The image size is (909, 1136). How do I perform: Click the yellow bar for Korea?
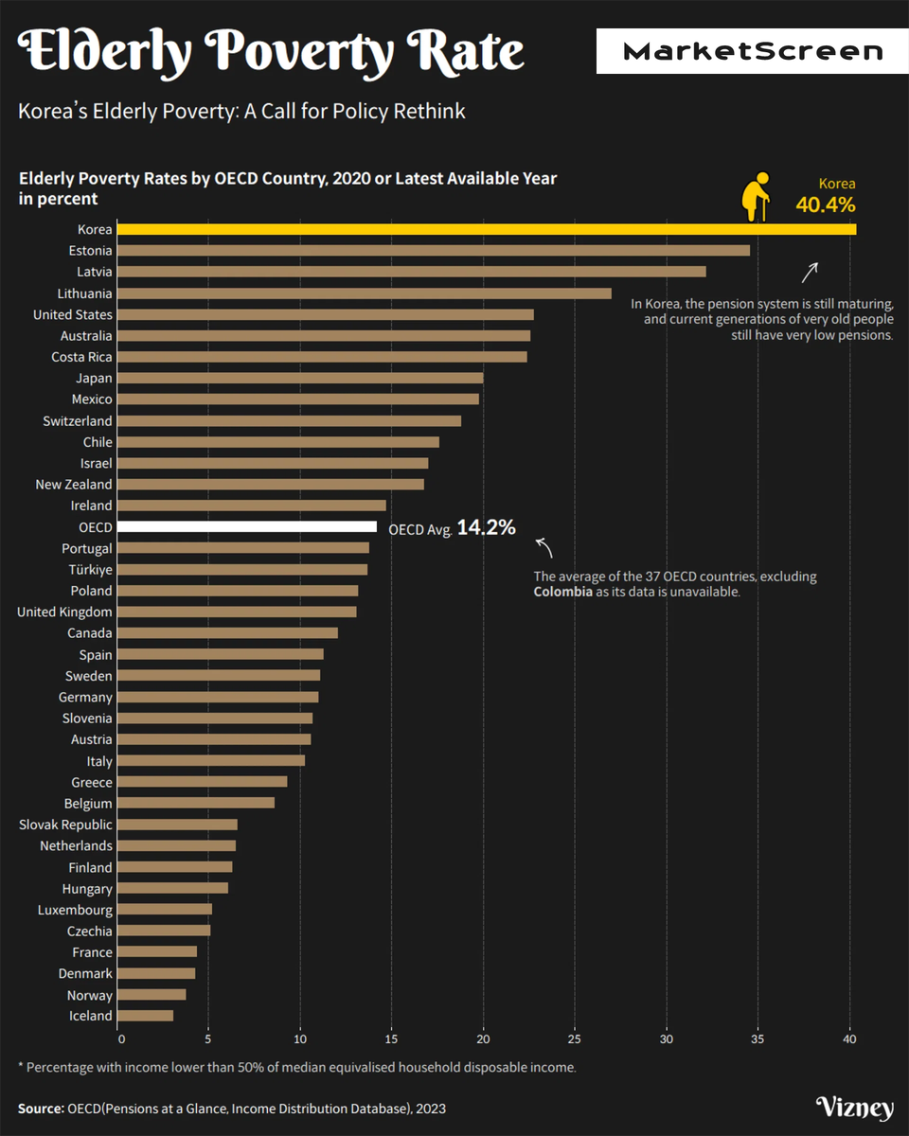point(488,229)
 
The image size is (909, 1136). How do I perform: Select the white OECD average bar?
point(248,527)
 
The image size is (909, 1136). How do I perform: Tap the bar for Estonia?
point(435,251)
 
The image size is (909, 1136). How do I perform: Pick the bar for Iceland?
point(147,1016)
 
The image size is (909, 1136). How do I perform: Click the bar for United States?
point(327,314)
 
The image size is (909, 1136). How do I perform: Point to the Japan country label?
point(94,378)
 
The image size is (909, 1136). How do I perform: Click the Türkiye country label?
point(90,570)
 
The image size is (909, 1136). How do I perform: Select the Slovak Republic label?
point(65,825)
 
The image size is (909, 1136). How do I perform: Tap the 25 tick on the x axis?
point(575,1039)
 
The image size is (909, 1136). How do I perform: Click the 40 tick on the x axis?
point(849,1039)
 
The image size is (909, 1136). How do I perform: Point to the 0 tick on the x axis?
point(121,1039)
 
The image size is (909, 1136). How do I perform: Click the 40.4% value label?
point(825,204)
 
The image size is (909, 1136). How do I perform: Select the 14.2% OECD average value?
point(486,528)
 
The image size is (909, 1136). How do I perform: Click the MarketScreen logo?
point(752,51)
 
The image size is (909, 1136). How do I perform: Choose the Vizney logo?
point(854,1109)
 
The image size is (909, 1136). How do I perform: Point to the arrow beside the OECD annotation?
point(544,547)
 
